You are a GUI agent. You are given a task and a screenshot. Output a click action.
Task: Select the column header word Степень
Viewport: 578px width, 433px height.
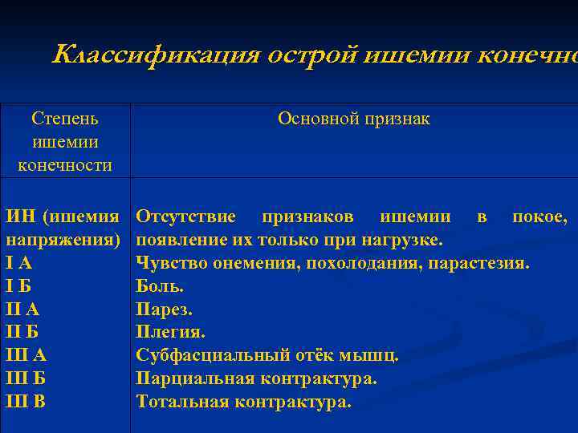(x=65, y=119)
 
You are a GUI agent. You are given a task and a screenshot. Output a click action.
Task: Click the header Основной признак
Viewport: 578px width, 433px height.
(x=353, y=119)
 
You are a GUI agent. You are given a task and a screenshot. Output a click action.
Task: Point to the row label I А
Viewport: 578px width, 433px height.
(x=19, y=263)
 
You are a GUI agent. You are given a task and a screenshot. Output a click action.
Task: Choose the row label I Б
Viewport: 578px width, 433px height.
(x=19, y=286)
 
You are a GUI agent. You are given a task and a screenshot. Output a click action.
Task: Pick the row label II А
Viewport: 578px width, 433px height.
(x=23, y=310)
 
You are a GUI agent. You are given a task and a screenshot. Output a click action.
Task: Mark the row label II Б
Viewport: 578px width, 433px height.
(x=23, y=332)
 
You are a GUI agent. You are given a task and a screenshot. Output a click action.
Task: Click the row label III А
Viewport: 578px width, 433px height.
(x=26, y=355)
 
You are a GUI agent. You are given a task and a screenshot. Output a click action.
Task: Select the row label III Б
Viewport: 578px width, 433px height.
(x=26, y=378)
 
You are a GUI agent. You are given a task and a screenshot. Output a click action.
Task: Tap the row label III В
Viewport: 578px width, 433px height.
(x=26, y=402)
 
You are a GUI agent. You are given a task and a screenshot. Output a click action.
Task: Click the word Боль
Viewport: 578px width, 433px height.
(x=160, y=286)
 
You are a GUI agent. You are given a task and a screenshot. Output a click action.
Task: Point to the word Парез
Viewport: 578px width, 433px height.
(x=165, y=310)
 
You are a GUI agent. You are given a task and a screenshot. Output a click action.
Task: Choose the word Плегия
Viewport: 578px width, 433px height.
(x=171, y=332)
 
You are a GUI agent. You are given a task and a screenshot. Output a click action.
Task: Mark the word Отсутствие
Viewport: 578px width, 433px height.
(x=185, y=217)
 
